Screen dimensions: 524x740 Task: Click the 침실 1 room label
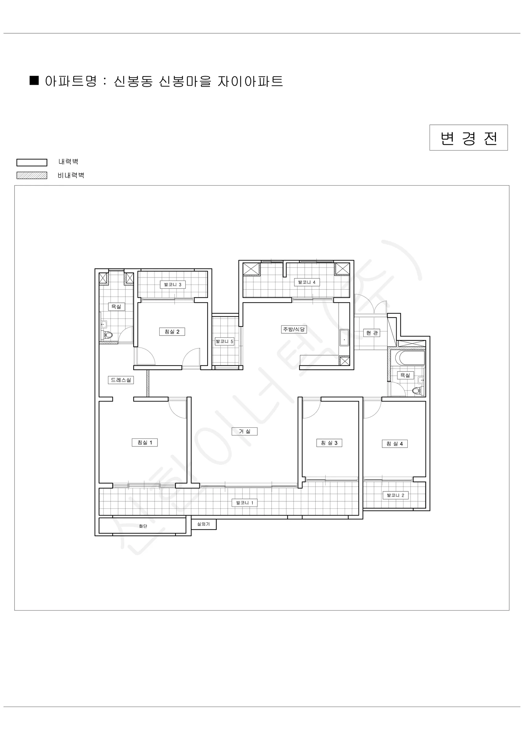coord(144,442)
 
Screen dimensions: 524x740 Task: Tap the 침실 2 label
coord(172,332)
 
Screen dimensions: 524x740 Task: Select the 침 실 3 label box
coord(329,443)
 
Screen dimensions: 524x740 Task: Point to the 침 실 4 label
coord(395,444)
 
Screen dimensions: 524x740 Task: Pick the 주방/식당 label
coord(293,329)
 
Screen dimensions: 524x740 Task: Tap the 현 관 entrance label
coord(372,333)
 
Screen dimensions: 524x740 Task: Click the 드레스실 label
coord(121,380)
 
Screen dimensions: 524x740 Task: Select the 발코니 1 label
coord(245,503)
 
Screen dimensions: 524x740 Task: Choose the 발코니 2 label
coord(396,495)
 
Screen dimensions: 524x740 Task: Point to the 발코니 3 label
coord(173,285)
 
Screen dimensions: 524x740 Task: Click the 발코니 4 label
coord(307,282)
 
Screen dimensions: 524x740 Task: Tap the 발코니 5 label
coord(224,341)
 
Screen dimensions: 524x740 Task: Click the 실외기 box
coord(204,524)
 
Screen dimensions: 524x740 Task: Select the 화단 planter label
coord(143,526)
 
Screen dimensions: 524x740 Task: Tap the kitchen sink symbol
coord(344,337)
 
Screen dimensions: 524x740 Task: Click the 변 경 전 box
coord(468,138)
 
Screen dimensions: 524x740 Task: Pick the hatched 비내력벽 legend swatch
coord(32,175)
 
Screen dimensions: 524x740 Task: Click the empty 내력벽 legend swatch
coord(32,162)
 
